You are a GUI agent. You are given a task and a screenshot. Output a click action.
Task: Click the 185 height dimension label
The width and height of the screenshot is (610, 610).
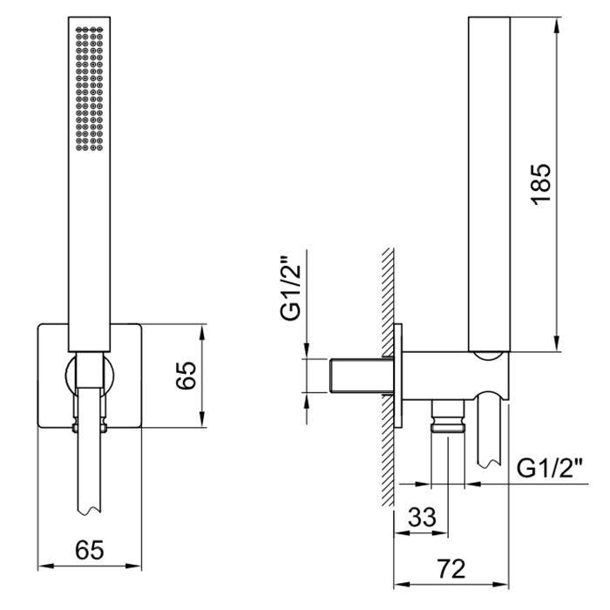pyautogui.click(x=541, y=185)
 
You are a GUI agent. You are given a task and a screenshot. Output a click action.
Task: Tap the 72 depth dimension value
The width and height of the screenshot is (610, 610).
pyautogui.click(x=451, y=569)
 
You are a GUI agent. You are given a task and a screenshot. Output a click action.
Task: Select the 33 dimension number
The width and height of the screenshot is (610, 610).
pyautogui.click(x=422, y=517)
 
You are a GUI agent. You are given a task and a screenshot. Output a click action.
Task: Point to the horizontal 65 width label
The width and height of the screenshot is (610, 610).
pyautogui.click(x=90, y=550)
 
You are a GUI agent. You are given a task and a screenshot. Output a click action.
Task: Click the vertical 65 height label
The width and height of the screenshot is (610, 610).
pyautogui.click(x=186, y=376)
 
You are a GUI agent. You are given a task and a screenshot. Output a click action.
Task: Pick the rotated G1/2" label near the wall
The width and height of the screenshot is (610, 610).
pyautogui.click(x=291, y=288)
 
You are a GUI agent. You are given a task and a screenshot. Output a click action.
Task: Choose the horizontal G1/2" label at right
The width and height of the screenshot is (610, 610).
pyautogui.click(x=549, y=468)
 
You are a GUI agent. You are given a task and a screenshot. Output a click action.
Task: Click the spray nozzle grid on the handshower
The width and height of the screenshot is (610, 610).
pyautogui.click(x=90, y=88)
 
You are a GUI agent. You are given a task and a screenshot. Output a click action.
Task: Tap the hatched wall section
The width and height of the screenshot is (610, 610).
pyautogui.click(x=388, y=376)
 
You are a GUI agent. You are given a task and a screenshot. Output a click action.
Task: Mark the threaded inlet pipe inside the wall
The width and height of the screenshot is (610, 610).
pyautogui.click(x=361, y=376)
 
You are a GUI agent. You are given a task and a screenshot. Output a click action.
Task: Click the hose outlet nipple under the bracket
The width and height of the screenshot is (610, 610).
pyautogui.click(x=448, y=417)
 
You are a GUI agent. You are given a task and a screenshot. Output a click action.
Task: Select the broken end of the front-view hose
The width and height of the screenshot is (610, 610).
pyautogui.click(x=90, y=510)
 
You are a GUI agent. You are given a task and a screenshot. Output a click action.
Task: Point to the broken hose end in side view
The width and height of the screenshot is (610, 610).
pyautogui.click(x=489, y=463)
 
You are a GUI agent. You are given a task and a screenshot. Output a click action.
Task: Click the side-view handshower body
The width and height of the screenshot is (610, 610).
pyautogui.click(x=489, y=185)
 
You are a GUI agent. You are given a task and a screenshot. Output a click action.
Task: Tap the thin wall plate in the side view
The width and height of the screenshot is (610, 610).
pyautogui.click(x=398, y=376)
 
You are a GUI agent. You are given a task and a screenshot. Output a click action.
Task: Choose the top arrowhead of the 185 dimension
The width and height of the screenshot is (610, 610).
pyautogui.click(x=557, y=25)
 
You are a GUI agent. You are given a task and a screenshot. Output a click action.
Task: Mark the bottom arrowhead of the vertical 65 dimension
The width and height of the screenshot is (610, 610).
pyautogui.click(x=201, y=419)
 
